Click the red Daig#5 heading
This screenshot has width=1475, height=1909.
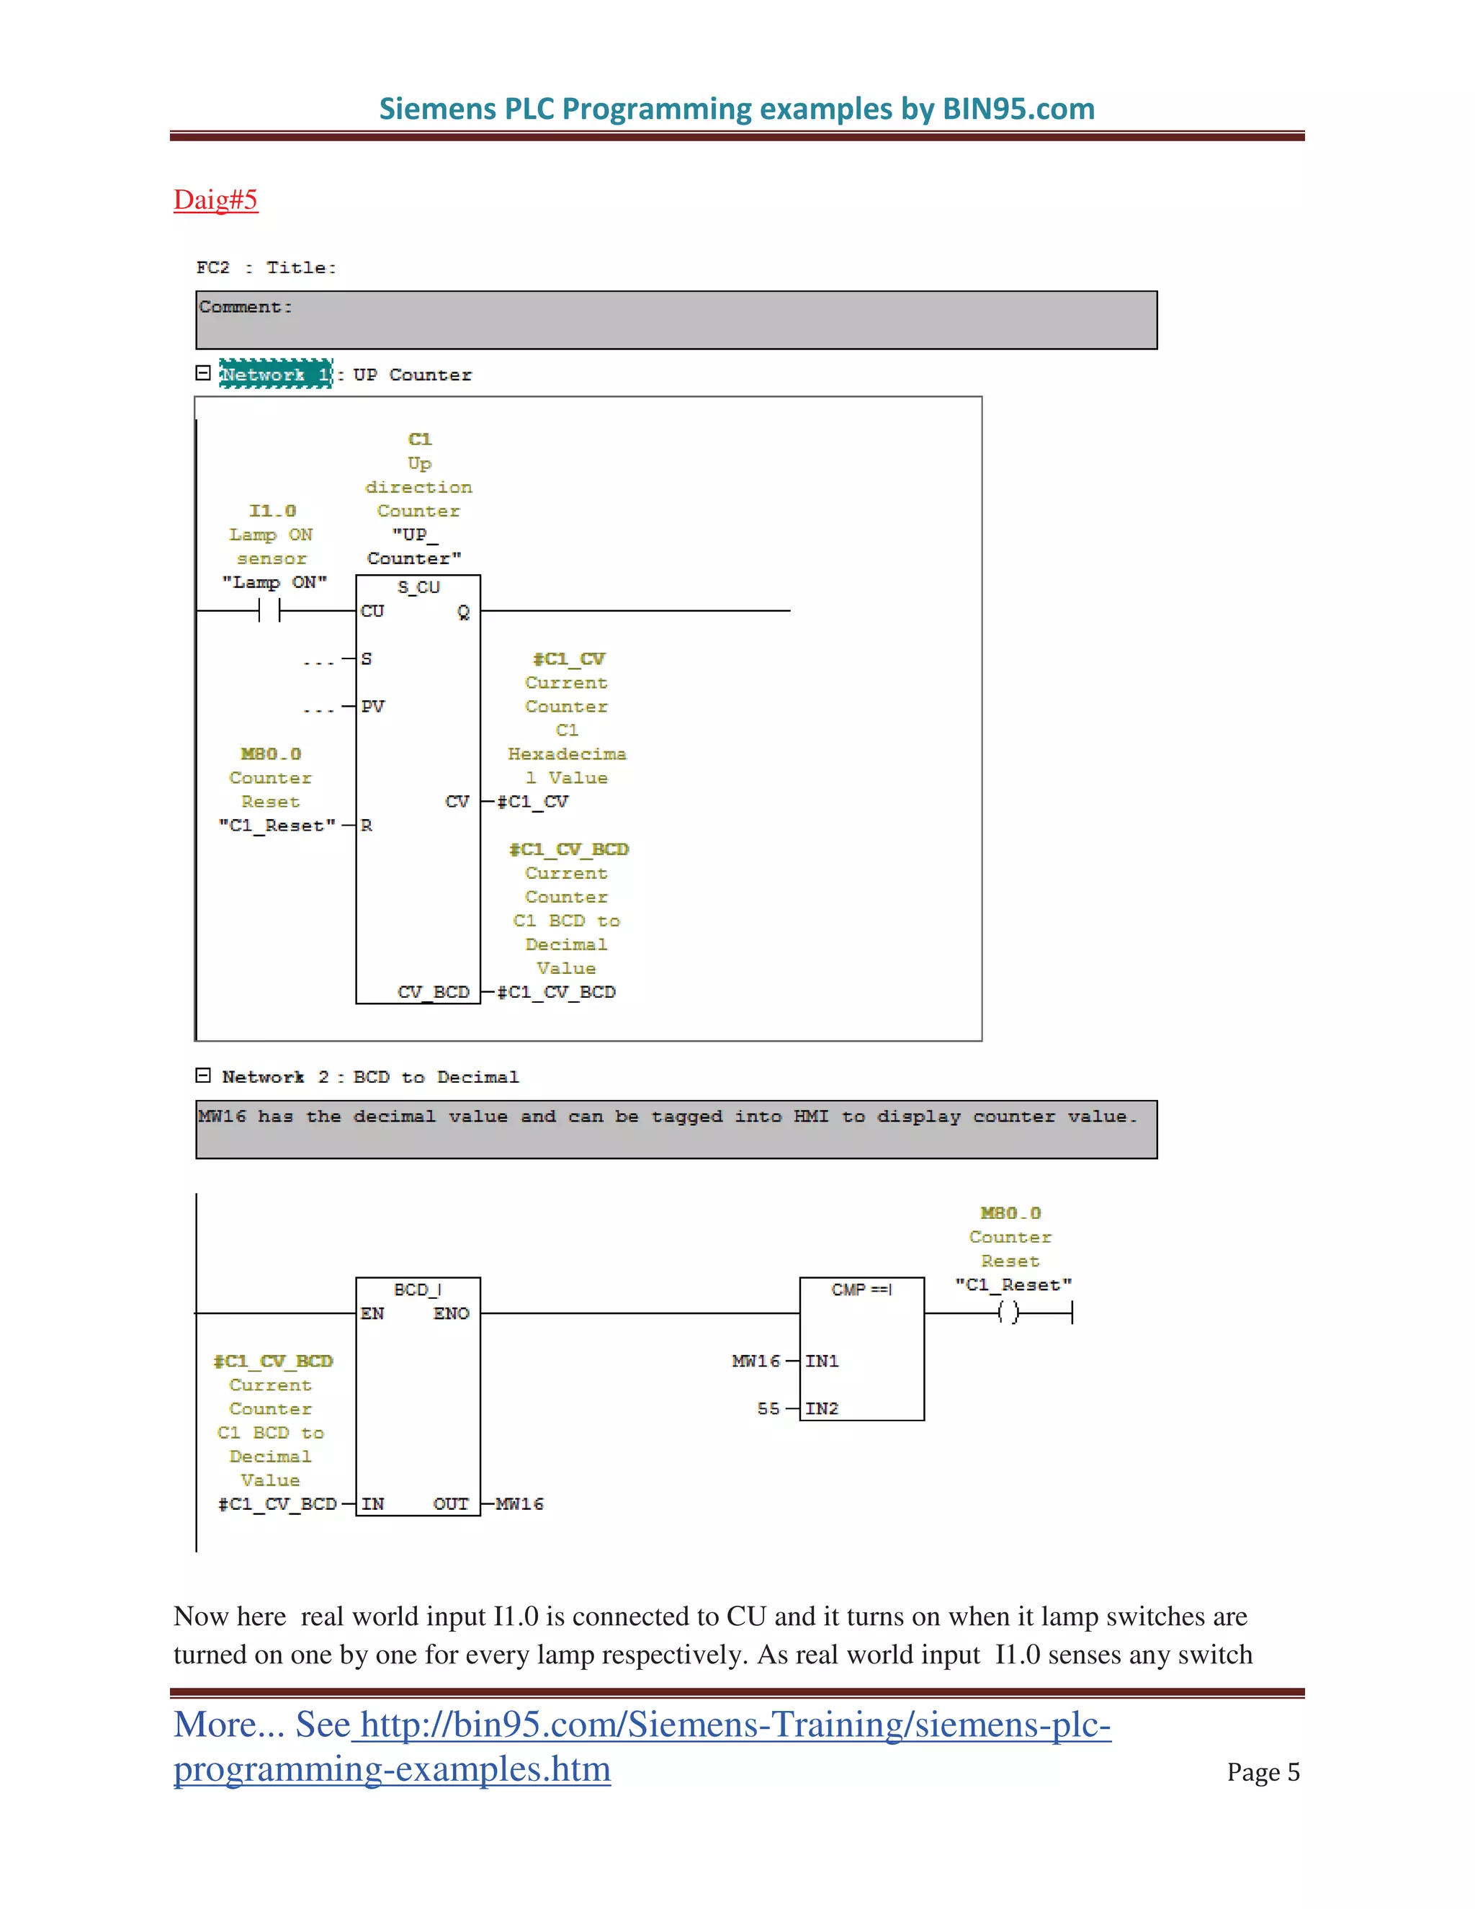point(215,200)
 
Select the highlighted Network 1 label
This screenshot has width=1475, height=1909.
point(275,374)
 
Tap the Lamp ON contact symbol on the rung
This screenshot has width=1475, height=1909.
point(269,610)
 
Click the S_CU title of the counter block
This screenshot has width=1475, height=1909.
point(418,587)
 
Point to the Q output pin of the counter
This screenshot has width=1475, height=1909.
point(463,612)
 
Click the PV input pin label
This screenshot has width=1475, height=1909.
point(373,706)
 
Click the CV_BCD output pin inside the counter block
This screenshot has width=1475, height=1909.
point(434,992)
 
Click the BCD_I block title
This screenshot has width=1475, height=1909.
point(418,1290)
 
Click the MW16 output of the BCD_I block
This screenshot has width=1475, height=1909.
point(519,1504)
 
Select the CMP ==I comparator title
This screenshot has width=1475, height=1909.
point(861,1290)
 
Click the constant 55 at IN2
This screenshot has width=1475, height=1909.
point(768,1408)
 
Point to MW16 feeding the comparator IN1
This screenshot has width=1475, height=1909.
point(756,1361)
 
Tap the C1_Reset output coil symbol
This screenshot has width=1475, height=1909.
point(1008,1312)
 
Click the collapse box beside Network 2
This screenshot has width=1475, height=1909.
point(202,1075)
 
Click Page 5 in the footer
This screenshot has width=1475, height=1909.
point(1263,1772)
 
